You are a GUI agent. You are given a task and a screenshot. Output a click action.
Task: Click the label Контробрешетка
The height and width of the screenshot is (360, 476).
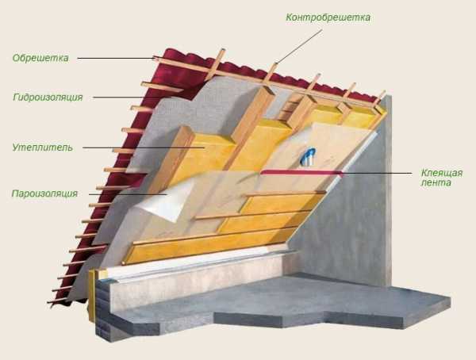coord(328,17)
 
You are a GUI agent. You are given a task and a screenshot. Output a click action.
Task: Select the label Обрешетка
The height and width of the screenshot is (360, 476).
coord(40,58)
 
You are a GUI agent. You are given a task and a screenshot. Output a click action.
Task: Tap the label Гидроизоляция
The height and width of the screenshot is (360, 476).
coord(48,97)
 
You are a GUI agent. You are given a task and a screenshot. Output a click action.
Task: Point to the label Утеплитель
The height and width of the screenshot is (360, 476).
coord(43,147)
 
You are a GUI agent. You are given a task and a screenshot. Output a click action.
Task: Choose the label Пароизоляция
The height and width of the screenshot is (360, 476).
coord(44,193)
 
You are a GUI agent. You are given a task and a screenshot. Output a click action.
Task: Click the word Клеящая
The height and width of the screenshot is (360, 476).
coord(442,173)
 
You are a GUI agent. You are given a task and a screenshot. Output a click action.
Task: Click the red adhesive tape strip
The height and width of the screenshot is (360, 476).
coord(301,173)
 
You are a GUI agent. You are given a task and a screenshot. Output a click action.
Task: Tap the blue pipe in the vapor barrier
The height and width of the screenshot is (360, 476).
coord(309,156)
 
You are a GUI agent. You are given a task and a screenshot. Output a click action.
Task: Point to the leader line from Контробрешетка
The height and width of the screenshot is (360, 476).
coord(299,47)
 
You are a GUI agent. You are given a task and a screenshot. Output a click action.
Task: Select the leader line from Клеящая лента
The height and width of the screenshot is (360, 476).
coord(377,174)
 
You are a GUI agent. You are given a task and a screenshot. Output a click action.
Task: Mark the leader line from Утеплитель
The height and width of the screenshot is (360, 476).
coord(144,147)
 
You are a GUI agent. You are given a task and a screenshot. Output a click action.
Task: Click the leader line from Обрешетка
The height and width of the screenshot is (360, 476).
coord(117,58)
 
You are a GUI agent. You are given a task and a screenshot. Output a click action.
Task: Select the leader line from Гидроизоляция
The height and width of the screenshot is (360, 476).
coord(132,97)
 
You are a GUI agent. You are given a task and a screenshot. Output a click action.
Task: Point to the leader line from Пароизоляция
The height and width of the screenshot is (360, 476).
coord(128,194)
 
